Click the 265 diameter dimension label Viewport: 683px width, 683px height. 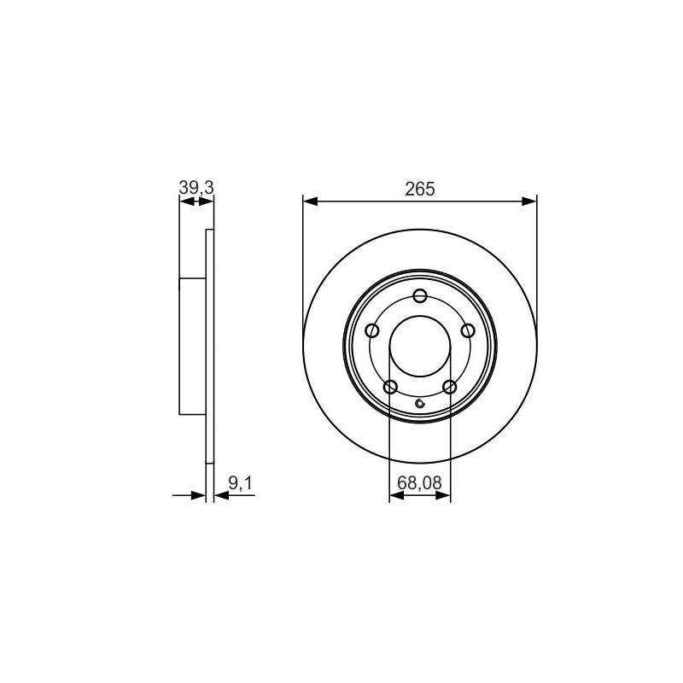coord(420,189)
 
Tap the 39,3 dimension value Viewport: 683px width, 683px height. coord(196,188)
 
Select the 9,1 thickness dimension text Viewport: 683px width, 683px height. coord(241,483)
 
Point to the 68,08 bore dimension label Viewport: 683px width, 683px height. coord(419,482)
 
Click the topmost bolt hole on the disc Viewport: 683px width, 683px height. coord(420,295)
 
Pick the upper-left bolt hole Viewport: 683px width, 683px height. coord(372,330)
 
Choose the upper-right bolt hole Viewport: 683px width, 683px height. coord(468,330)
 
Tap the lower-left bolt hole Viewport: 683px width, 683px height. coord(390,387)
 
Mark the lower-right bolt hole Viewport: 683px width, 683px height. coord(450,387)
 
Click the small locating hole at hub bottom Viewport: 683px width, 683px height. coord(420,403)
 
